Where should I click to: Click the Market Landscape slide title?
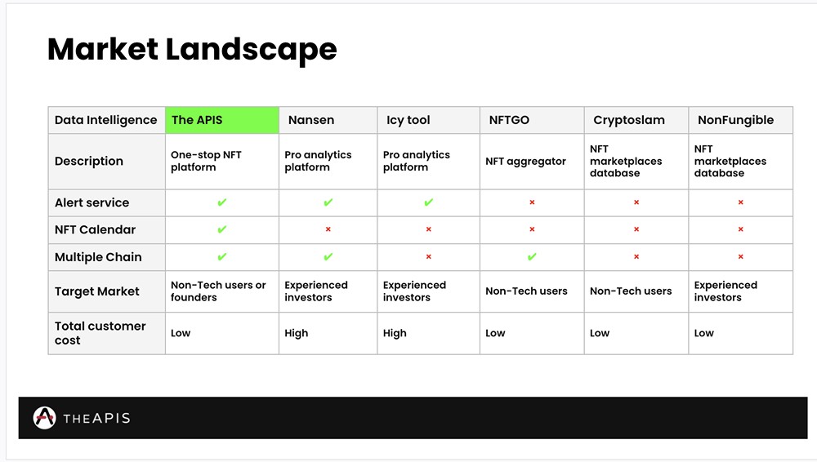pos(192,50)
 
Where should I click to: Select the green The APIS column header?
pos(222,120)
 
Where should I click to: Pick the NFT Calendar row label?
pos(95,229)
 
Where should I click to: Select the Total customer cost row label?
pos(100,333)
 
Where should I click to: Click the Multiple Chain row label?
pos(98,257)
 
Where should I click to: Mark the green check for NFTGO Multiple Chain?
pos(532,257)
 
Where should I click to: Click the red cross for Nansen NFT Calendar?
pos(328,229)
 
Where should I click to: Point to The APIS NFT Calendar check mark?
pos(222,229)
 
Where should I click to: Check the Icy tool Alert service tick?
pos(428,202)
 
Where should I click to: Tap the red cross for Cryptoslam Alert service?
pos(636,202)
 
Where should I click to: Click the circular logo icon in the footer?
pos(44,418)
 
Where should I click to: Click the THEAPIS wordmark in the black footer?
pos(96,418)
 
